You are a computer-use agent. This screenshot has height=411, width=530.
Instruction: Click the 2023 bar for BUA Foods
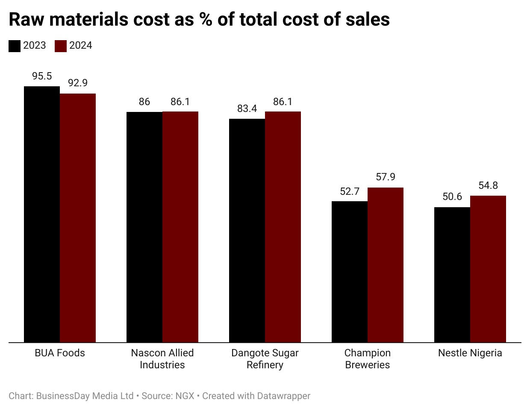pyautogui.click(x=42, y=214)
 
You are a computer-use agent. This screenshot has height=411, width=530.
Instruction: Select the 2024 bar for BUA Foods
pyautogui.click(x=78, y=218)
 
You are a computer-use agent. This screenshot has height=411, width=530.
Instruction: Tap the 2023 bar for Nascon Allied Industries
pyautogui.click(x=144, y=227)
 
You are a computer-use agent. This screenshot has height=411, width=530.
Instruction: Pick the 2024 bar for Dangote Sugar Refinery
pyautogui.click(x=283, y=227)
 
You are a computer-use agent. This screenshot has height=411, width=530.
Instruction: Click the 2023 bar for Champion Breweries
pyautogui.click(x=350, y=272)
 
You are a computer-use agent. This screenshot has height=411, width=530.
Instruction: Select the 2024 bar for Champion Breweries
pyautogui.click(x=386, y=265)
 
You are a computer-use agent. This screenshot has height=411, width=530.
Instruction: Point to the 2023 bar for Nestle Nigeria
pyautogui.click(x=452, y=275)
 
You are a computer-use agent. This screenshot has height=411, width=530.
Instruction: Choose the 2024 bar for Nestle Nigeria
pyautogui.click(x=488, y=269)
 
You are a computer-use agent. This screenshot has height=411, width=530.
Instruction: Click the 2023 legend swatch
pyautogui.click(x=15, y=46)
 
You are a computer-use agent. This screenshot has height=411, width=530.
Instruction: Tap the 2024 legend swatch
pyautogui.click(x=61, y=46)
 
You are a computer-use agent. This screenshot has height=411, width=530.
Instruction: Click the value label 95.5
pyautogui.click(x=42, y=76)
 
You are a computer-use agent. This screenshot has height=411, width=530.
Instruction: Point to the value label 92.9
pyautogui.click(x=78, y=83)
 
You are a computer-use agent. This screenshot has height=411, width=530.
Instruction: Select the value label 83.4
pyautogui.click(x=247, y=109)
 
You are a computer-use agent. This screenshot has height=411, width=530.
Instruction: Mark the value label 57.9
pyautogui.click(x=386, y=177)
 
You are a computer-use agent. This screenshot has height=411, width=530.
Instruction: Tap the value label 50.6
pyautogui.click(x=452, y=197)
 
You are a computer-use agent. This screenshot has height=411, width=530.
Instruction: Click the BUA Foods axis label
pyautogui.click(x=60, y=353)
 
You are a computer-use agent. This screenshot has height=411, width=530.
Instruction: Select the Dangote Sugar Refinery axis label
pyautogui.click(x=265, y=359)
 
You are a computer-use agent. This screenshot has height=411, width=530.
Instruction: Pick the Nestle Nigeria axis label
pyautogui.click(x=470, y=353)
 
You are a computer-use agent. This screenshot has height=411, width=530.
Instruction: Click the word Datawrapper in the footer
pyautogui.click(x=283, y=396)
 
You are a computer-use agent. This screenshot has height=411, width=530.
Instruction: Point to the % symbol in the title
pyautogui.click(x=206, y=20)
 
